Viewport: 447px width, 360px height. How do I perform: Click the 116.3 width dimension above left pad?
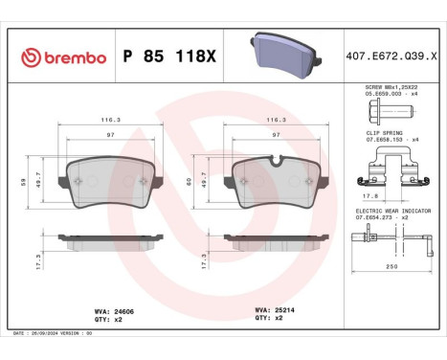111,121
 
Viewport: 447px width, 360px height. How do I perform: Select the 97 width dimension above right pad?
277,136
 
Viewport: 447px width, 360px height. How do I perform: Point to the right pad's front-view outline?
276,178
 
